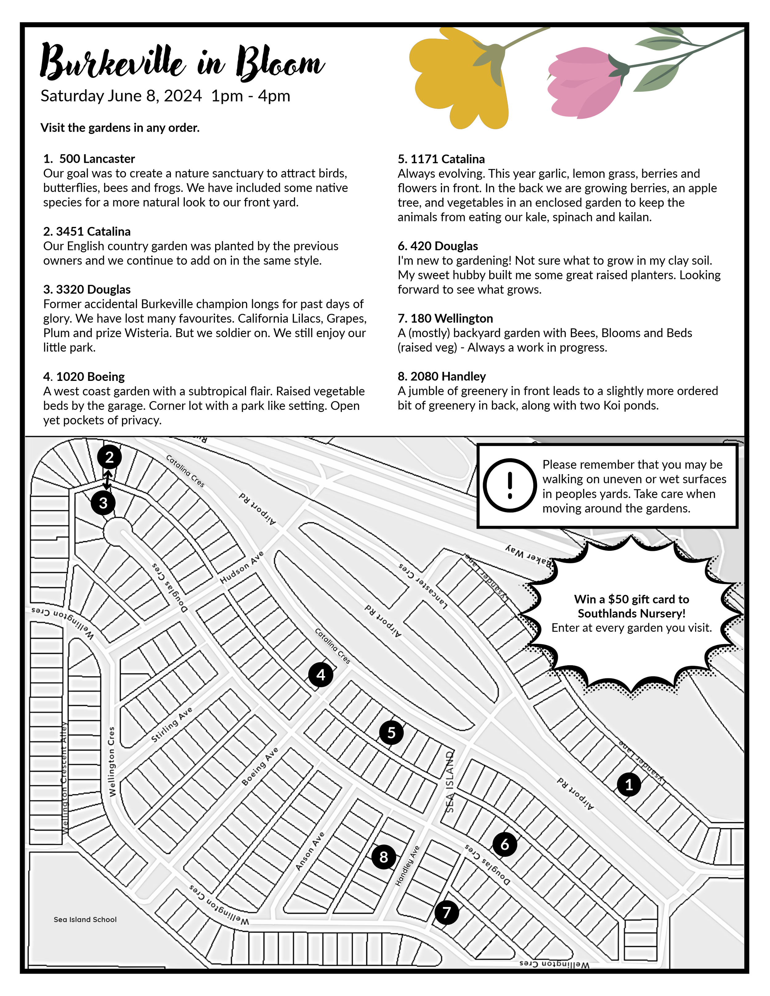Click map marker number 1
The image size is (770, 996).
point(629,784)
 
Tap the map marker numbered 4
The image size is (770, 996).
point(321,675)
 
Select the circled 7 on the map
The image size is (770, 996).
point(447,913)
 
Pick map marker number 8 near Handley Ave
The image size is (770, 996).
point(384,857)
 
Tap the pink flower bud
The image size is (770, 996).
point(586,82)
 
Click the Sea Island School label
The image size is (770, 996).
point(85,919)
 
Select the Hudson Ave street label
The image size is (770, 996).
point(242,567)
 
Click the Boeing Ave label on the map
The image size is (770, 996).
point(260,766)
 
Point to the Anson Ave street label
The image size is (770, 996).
point(310,851)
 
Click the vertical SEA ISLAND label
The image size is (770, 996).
point(450,782)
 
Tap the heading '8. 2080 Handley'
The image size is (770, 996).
point(442,376)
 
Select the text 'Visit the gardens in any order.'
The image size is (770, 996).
point(120,128)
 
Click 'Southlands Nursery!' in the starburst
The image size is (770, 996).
point(631,613)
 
